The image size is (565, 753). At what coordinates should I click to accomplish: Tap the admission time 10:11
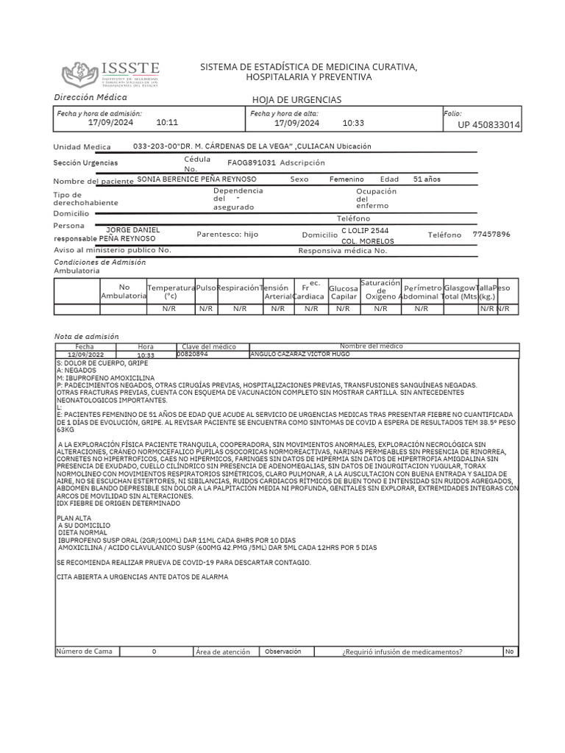(x=168, y=123)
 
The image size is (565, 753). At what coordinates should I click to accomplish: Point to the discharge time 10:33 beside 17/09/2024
(x=353, y=123)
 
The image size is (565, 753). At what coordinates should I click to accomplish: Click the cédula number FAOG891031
(x=252, y=163)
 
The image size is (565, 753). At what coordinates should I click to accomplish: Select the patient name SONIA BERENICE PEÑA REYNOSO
(x=196, y=179)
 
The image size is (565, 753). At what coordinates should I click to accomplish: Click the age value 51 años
(x=427, y=179)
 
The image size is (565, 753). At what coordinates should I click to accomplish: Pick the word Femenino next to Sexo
(x=346, y=179)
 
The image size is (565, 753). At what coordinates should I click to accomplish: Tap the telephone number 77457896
(x=491, y=235)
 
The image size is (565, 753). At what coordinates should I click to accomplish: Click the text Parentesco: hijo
(x=227, y=235)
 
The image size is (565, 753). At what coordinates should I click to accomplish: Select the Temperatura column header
(x=171, y=291)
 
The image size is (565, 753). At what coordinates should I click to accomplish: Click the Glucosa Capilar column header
(x=343, y=292)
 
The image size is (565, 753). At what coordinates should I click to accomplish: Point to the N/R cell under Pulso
(x=206, y=310)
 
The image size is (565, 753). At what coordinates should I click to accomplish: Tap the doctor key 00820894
(x=193, y=354)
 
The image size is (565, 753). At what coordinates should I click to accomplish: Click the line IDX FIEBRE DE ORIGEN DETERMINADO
(x=118, y=504)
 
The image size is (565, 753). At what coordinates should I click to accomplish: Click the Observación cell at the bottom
(x=283, y=652)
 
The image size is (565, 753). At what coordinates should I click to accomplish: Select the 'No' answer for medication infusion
(x=509, y=652)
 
